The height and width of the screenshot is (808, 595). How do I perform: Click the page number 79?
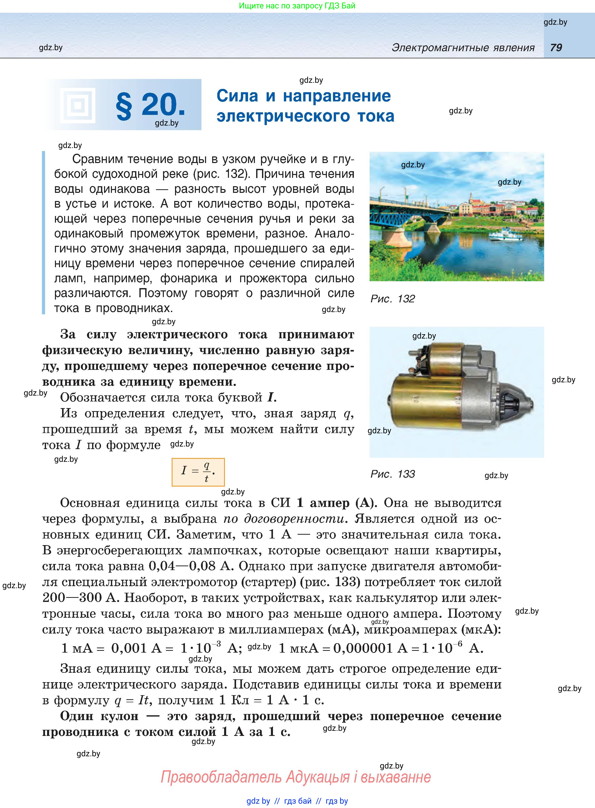[x=556, y=48]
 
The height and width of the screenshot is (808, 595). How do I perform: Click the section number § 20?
[x=150, y=105]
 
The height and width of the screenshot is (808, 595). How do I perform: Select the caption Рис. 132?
[x=393, y=299]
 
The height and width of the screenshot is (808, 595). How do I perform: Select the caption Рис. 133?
[x=393, y=474]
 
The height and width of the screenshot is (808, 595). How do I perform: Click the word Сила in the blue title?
[x=237, y=96]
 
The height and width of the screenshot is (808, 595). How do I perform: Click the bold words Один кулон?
[x=99, y=716]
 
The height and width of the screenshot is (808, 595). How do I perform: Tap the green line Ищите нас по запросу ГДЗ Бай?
[x=297, y=6]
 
